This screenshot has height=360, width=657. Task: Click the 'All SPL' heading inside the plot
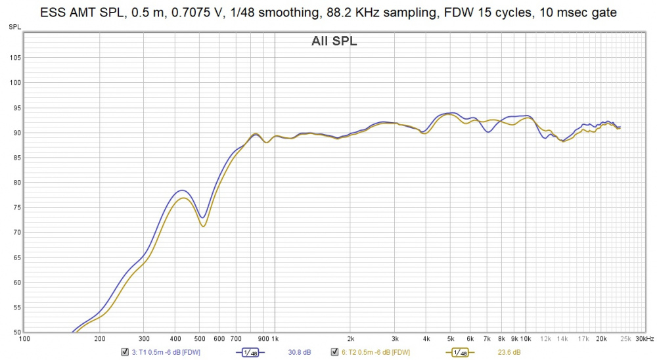click(x=334, y=42)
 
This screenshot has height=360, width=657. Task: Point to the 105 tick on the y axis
click(x=14, y=58)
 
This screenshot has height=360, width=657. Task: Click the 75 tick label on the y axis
click(x=16, y=208)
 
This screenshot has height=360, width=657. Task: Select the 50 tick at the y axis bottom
click(x=16, y=332)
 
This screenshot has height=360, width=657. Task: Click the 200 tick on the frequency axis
click(x=100, y=339)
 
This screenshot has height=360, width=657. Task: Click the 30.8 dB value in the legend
click(x=300, y=352)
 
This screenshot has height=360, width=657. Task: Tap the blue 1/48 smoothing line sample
click(x=250, y=352)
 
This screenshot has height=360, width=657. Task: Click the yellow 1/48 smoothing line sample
click(x=461, y=352)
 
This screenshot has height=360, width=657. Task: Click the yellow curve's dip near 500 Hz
click(x=204, y=227)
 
